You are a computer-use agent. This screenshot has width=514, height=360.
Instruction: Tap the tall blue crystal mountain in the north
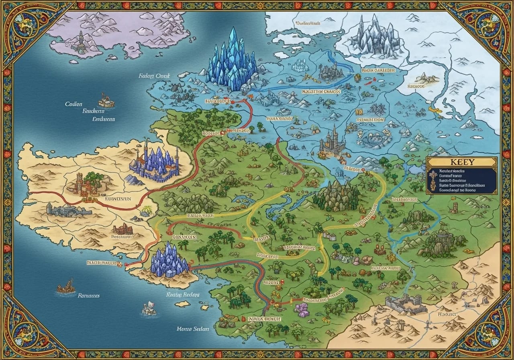click(232, 60)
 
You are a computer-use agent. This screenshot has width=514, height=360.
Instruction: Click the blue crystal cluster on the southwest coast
click(169, 262)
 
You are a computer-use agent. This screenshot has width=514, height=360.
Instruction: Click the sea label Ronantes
click(88, 295)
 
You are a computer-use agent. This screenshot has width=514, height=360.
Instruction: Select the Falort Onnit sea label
click(155, 76)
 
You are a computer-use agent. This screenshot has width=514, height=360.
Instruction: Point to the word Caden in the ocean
click(73, 104)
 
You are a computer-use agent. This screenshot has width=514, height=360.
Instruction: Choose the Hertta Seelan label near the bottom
click(193, 329)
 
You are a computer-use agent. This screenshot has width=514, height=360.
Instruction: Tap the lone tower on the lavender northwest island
click(81, 42)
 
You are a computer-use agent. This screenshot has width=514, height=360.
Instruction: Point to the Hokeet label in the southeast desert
click(447, 314)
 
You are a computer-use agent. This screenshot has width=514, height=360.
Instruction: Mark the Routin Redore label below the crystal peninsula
click(183, 294)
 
